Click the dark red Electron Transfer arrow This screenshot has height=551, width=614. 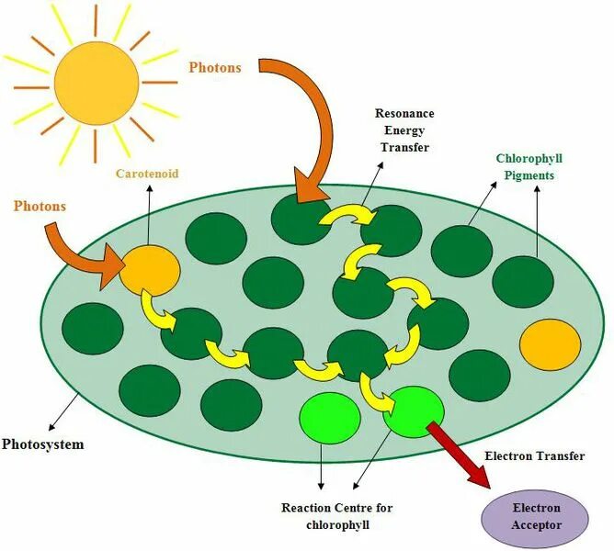point(460,455)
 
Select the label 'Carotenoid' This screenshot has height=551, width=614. point(146,173)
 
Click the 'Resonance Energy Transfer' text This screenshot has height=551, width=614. point(404,129)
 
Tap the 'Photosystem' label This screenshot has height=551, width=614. point(42,444)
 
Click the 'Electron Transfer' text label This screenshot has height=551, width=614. point(534,456)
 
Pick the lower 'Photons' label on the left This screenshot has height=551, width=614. point(40,206)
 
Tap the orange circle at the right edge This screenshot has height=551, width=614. point(550,345)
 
